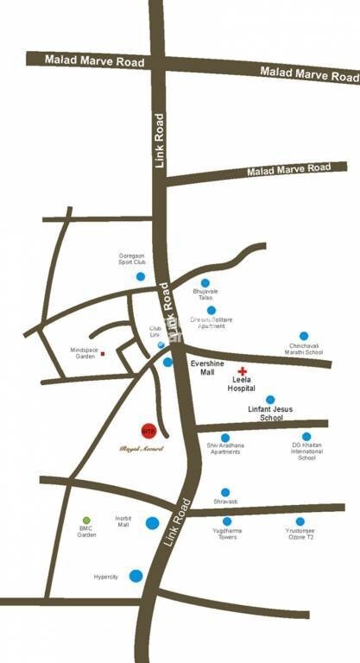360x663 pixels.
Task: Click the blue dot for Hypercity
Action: [x=136, y=576]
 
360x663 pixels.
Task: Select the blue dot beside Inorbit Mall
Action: [x=152, y=522]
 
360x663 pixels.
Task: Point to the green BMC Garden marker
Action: [x=86, y=521]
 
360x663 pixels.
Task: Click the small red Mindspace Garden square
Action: [x=103, y=354]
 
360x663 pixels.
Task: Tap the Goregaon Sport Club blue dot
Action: [x=141, y=276]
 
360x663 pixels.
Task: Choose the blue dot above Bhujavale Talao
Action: [x=205, y=283]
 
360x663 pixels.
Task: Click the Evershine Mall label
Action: [x=206, y=369]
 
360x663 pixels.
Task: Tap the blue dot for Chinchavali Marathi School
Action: [x=304, y=336]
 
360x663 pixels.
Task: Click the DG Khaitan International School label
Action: [x=306, y=451]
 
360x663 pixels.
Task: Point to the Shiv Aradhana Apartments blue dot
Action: [x=225, y=438]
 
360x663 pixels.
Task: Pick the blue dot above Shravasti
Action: [x=225, y=492]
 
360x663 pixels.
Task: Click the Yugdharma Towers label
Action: [x=227, y=535]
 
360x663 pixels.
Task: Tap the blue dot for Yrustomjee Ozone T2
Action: [x=300, y=521]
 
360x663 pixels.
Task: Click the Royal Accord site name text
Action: [x=140, y=449]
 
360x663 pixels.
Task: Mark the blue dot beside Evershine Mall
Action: [x=167, y=363]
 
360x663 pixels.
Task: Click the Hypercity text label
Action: [x=106, y=577]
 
